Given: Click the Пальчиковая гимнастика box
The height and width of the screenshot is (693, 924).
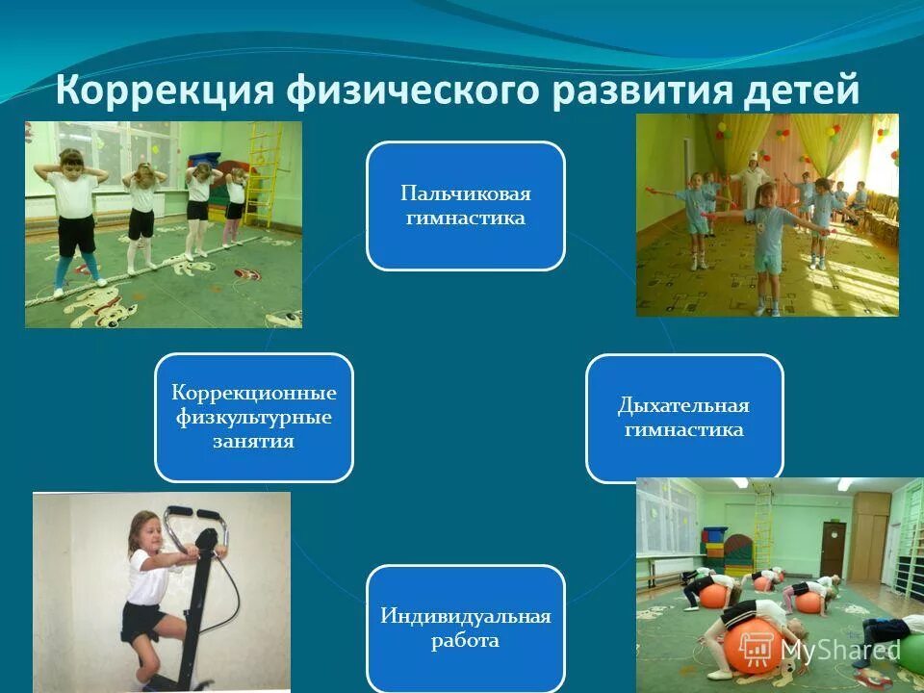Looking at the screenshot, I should click(x=465, y=205).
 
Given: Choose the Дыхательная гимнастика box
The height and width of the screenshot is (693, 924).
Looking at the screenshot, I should click(x=684, y=418).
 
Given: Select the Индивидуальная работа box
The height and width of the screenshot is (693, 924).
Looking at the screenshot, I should click(x=465, y=628).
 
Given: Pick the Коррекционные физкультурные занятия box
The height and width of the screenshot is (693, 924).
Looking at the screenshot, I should click(x=254, y=417).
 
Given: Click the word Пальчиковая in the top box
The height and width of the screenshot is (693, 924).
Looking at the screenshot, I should click(x=465, y=193).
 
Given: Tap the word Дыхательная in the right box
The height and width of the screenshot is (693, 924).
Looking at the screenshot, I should click(x=684, y=405).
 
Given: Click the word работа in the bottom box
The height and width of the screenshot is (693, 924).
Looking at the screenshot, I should click(x=465, y=640).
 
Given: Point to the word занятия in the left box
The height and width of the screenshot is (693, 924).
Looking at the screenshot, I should click(x=254, y=442).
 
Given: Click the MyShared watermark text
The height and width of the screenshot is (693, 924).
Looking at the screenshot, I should click(x=839, y=650).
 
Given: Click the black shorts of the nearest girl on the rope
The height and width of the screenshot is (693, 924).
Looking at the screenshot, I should click(x=75, y=235).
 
